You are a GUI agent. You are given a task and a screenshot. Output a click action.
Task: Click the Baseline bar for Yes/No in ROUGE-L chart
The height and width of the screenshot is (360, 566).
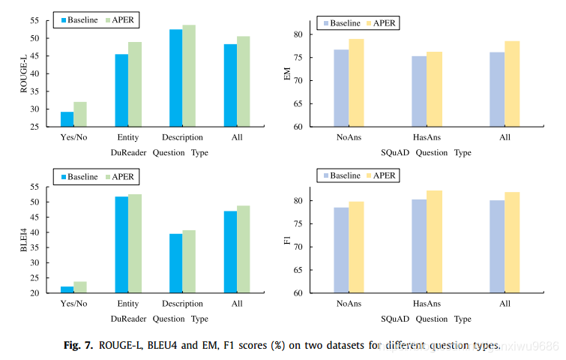tap(67, 119)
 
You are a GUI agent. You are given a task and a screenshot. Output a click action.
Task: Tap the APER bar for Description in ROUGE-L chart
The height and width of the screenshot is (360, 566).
tap(189, 76)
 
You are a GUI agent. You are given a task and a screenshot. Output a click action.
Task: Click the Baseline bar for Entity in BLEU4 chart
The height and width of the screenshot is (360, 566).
tap(121, 244)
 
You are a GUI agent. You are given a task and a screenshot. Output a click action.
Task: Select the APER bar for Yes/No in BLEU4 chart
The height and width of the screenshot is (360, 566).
tap(80, 287)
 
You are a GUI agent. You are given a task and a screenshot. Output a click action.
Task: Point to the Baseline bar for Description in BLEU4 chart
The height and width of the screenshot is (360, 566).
tap(175, 263)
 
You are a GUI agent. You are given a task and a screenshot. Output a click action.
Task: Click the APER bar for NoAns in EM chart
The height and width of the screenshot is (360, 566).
tap(356, 82)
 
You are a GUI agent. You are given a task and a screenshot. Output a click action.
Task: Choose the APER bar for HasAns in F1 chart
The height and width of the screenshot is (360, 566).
tap(434, 241)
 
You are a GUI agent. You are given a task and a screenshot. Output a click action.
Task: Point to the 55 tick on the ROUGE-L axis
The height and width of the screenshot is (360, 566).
tap(43, 17)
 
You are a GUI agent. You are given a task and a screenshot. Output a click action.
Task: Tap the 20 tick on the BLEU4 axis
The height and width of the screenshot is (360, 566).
tap(43, 293)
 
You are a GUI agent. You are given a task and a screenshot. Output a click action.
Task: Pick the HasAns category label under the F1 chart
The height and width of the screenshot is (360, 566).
tap(426, 304)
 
